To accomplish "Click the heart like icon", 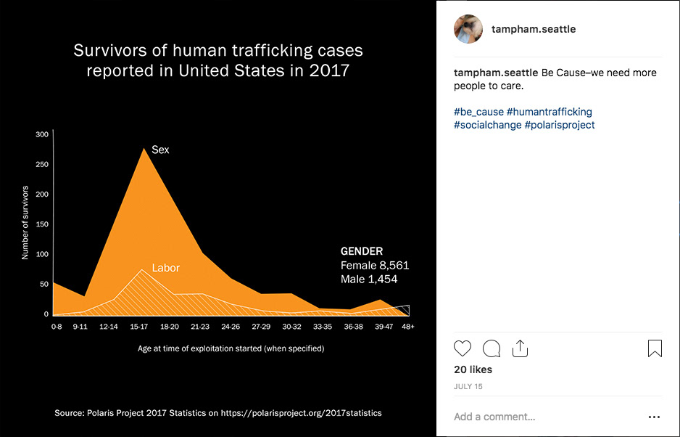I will pos(463,348).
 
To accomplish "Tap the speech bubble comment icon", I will pos(492,348).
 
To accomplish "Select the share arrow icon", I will pos(520,348).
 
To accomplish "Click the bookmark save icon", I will pos(655,348).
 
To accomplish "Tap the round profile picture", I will pos(468,29).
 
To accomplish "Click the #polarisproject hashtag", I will pos(560,125).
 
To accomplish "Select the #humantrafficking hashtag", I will pos(550,112).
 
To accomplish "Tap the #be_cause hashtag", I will pos(478,112).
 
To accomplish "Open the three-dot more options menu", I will pos(655,417).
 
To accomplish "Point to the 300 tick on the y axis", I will pos(41,134).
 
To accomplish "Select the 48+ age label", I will pos(408,327).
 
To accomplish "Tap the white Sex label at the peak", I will pos(160,150).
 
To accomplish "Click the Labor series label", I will pos(165,268).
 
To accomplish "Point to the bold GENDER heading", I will pos(362,251).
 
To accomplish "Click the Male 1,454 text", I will pos(369,279).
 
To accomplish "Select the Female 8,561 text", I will pos(375,265).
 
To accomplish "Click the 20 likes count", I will pos(473,369).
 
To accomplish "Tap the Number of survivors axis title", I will pos(25,222).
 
